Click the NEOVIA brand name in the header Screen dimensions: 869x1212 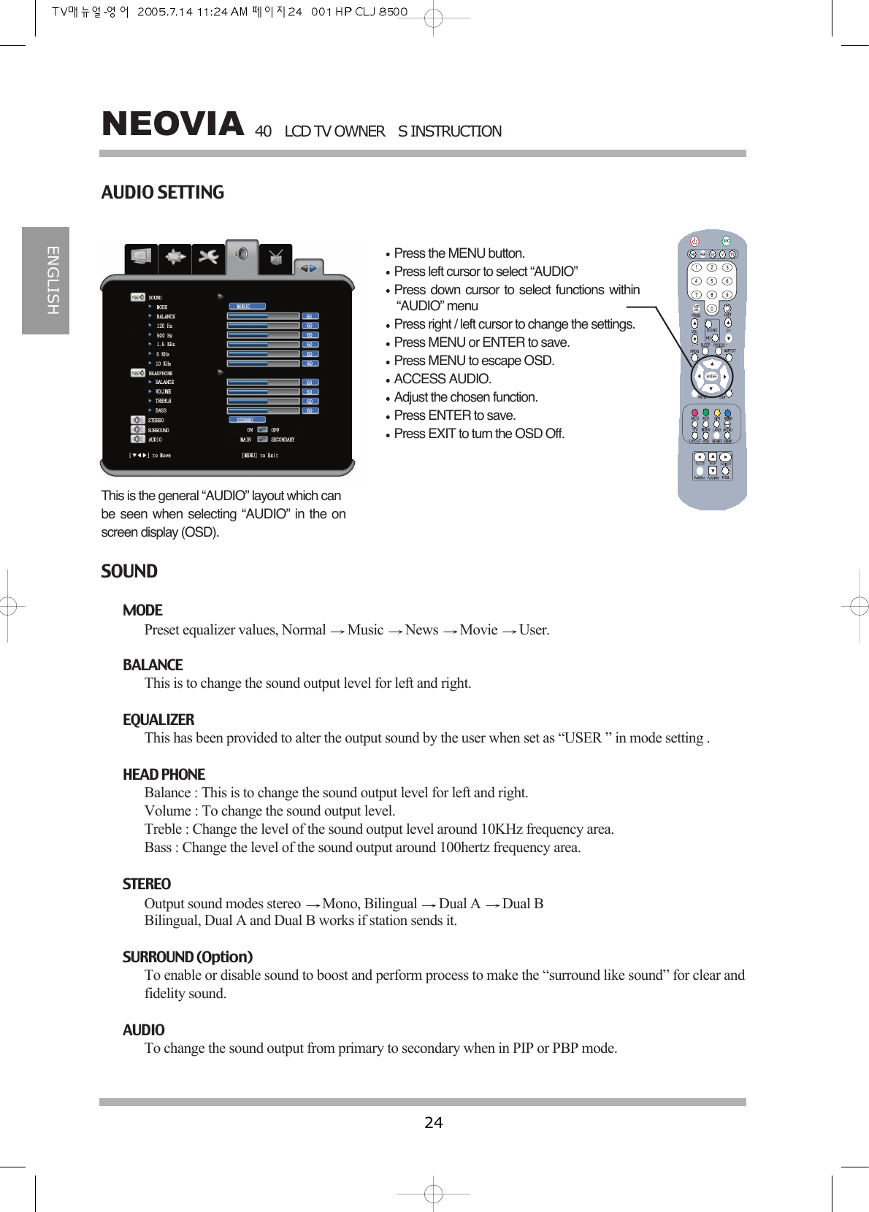click(172, 124)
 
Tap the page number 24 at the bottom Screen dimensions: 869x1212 click(433, 1122)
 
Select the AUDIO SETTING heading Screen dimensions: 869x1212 click(162, 193)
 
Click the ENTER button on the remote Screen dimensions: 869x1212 click(711, 377)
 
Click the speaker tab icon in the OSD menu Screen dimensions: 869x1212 click(242, 254)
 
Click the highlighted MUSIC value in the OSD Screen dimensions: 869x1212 click(246, 307)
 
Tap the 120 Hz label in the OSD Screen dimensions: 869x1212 click(164, 326)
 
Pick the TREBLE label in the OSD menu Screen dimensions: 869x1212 click(163, 401)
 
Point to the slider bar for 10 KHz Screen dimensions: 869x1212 click(263, 364)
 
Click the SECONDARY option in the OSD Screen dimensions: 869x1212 click(282, 440)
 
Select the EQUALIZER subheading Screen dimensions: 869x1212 click(158, 720)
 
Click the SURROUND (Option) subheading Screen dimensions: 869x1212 click(188, 957)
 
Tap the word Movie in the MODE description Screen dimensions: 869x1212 click(478, 630)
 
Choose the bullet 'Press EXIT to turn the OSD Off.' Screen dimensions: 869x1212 click(478, 434)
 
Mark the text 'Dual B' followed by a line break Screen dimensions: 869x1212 click(523, 904)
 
